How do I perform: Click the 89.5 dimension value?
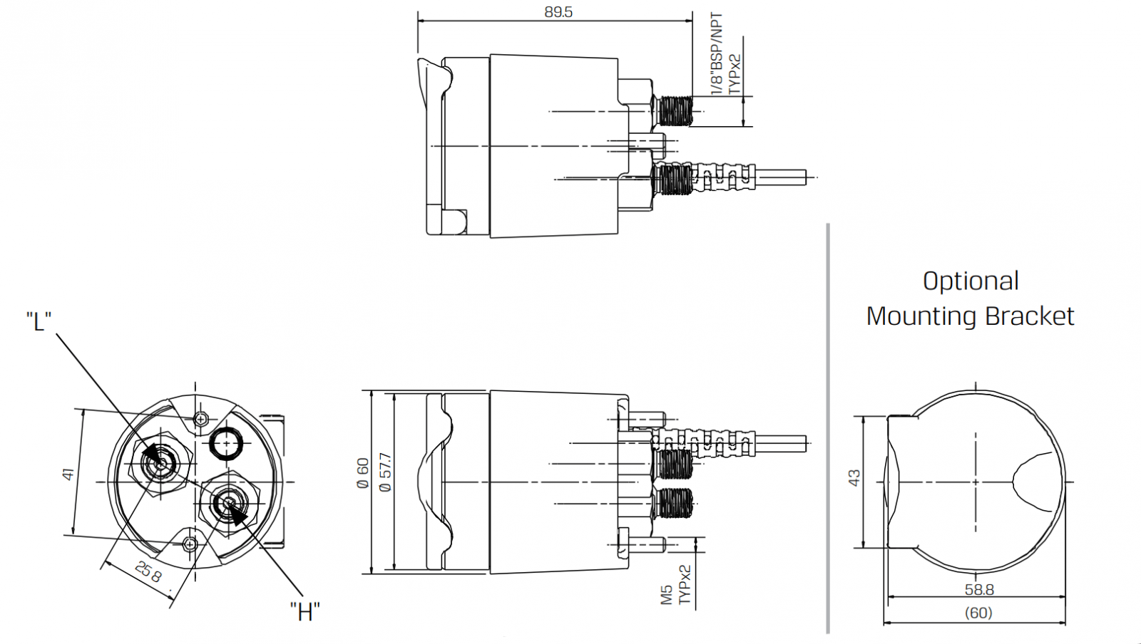(558, 12)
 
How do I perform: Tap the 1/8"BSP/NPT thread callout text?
(716, 53)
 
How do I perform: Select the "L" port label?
(39, 321)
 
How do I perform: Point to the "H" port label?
(305, 611)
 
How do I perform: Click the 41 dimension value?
(68, 474)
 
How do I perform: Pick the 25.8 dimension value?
(149, 572)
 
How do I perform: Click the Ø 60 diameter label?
(362, 474)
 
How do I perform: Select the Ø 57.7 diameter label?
(386, 472)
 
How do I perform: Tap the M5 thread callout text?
(667, 595)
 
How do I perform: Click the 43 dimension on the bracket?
(854, 478)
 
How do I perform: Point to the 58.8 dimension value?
(979, 590)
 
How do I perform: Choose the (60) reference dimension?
(978, 613)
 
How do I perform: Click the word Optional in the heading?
(971, 281)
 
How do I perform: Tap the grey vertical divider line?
(828, 428)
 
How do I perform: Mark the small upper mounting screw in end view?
(201, 419)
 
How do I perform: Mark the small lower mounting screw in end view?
(190, 544)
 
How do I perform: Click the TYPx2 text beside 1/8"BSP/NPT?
(734, 74)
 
